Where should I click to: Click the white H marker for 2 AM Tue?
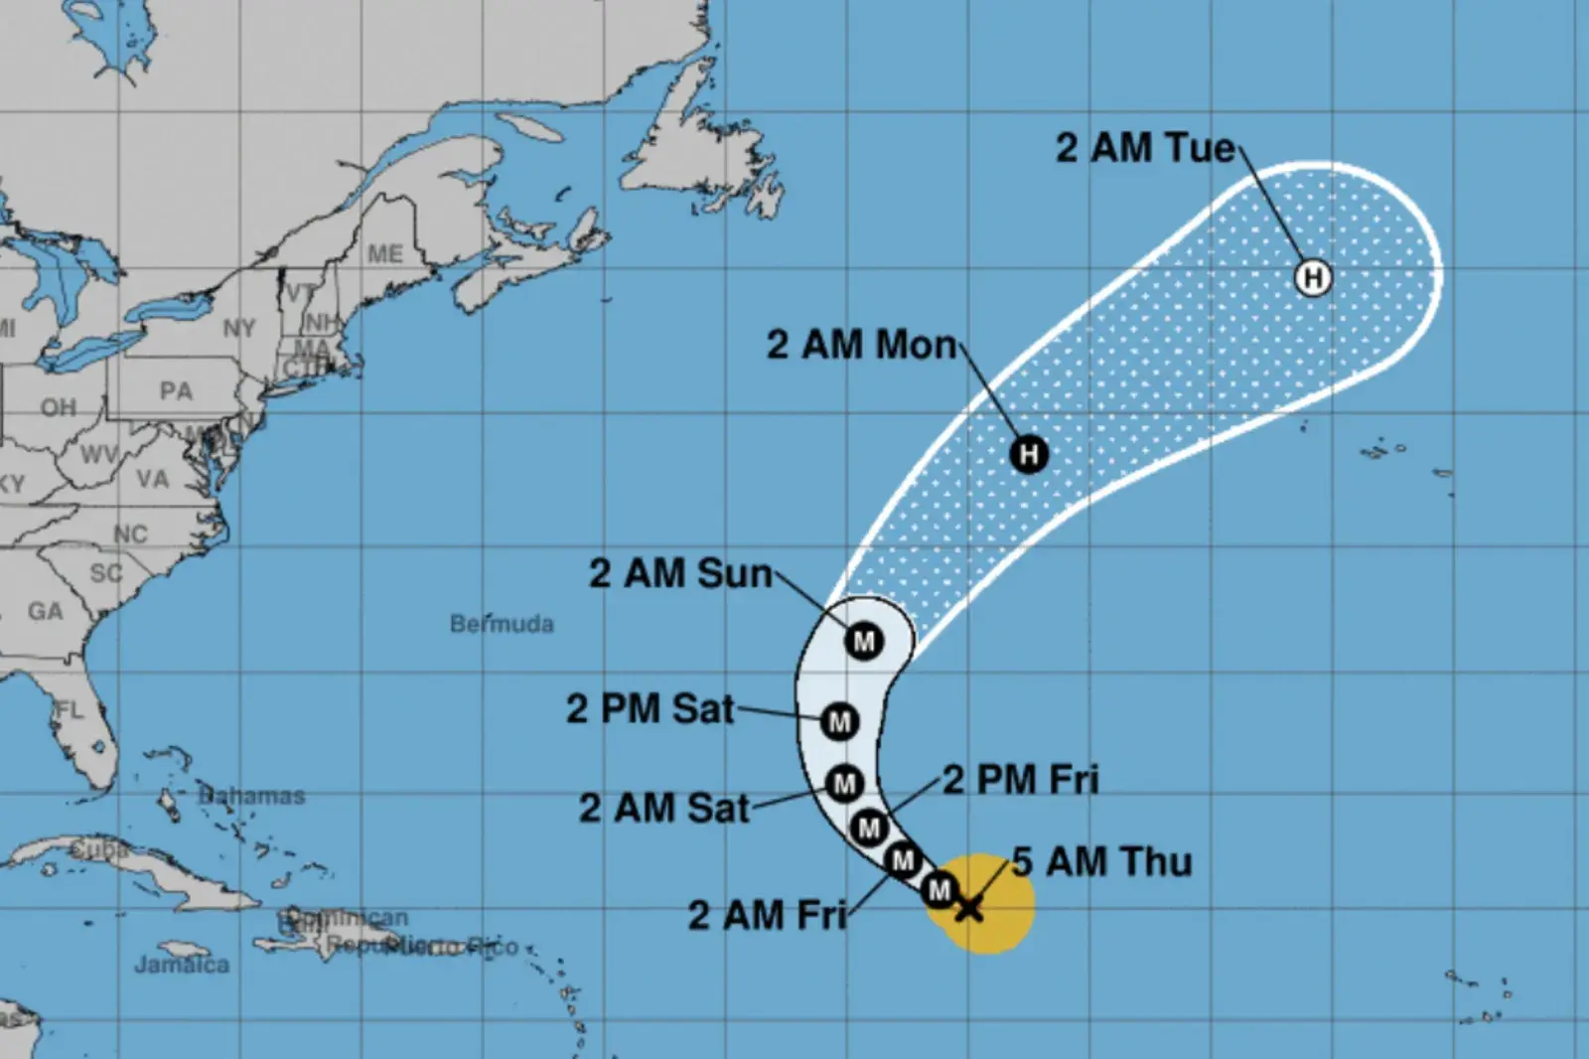click(1313, 276)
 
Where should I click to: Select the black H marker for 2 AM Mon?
click(1029, 454)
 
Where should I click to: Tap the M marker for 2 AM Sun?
click(864, 641)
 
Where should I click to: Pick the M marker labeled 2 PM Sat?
click(839, 721)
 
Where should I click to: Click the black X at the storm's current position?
click(969, 906)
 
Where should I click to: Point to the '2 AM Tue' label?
click(1145, 148)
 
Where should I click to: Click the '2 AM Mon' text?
click(861, 345)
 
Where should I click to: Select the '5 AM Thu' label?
click(1102, 861)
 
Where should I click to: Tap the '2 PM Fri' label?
click(1021, 780)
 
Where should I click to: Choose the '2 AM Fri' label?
click(767, 915)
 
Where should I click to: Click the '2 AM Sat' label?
click(664, 808)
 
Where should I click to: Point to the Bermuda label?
click(502, 624)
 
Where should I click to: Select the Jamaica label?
click(182, 964)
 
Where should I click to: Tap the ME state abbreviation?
click(385, 254)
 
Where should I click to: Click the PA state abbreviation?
click(176, 390)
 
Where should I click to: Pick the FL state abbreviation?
click(70, 709)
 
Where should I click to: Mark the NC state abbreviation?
click(130, 534)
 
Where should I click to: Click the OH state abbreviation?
click(58, 407)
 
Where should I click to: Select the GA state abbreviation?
click(45, 611)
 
